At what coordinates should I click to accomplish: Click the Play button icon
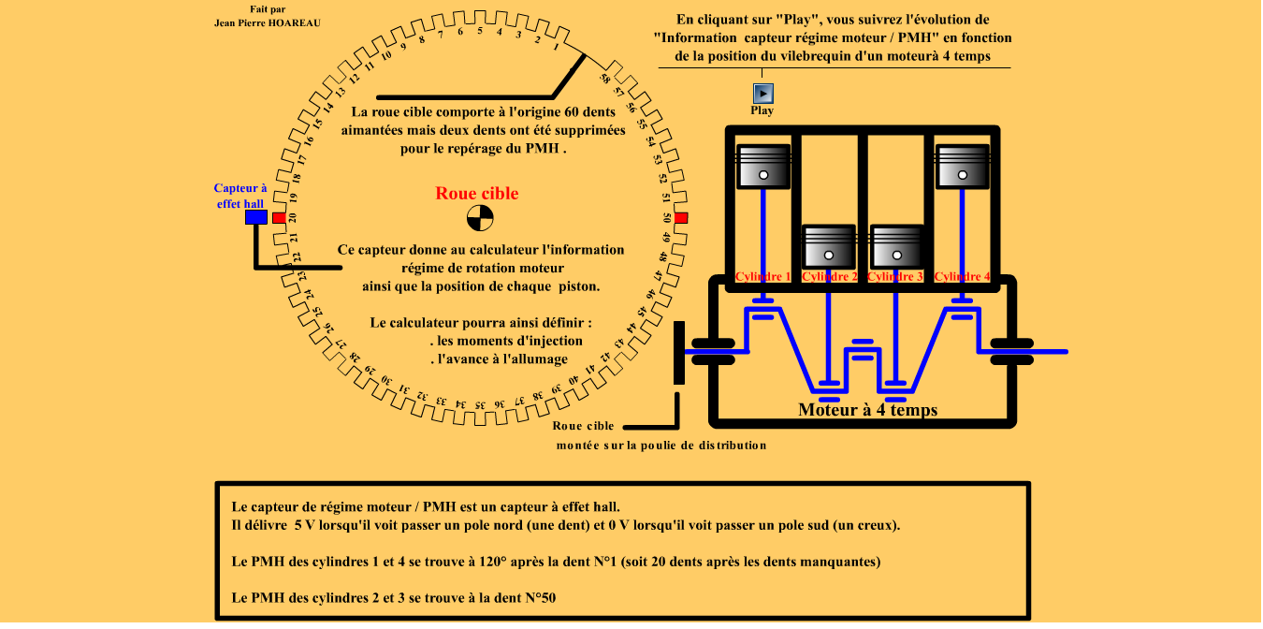point(763,93)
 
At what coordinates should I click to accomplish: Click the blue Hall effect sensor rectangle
point(255,217)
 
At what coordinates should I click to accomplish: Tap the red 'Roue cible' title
point(476,194)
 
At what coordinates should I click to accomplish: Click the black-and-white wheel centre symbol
point(480,218)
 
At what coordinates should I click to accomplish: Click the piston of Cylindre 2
point(829,245)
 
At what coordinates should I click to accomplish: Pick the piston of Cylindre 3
point(896,245)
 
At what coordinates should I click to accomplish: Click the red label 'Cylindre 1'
point(763,277)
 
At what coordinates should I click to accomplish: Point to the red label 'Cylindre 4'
point(963,277)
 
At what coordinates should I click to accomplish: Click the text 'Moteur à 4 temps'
point(867,410)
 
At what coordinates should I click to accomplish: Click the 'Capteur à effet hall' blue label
point(240,196)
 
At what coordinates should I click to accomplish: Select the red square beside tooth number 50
point(681,218)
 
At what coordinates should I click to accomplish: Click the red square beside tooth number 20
point(278,218)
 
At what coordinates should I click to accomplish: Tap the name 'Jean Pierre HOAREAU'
point(268,22)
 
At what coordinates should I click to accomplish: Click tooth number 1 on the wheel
point(558,45)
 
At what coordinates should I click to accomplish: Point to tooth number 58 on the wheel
point(605,78)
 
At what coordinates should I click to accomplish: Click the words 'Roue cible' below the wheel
point(583,426)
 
